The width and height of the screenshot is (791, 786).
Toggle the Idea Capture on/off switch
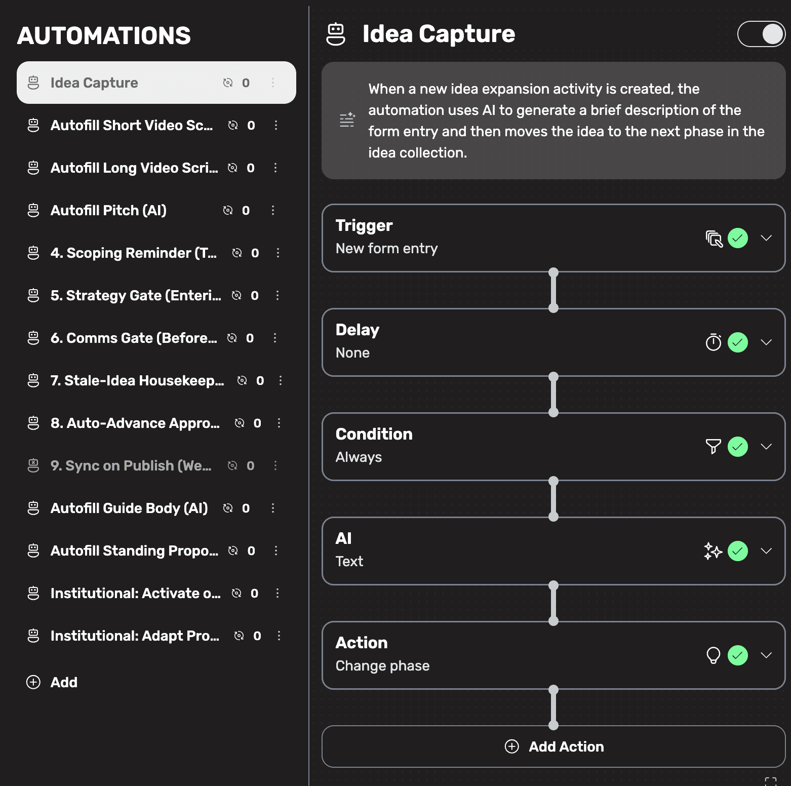point(761,34)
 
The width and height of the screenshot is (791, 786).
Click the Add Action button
point(553,746)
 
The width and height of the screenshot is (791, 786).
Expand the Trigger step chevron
point(766,238)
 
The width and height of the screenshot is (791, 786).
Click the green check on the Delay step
point(738,342)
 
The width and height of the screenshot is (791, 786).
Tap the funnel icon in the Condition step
point(713,446)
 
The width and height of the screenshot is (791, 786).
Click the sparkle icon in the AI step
point(713,551)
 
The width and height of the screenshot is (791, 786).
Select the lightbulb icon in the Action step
point(713,655)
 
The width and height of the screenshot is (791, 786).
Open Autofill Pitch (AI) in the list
point(108,210)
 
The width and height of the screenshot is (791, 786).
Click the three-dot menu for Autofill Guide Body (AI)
point(273,508)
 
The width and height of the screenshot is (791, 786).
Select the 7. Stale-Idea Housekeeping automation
point(137,380)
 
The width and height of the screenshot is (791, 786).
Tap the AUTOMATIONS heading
point(104,36)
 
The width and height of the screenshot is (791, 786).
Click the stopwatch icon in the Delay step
point(713,342)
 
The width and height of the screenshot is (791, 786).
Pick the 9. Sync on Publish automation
point(131,465)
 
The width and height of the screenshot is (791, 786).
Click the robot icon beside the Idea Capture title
point(336,34)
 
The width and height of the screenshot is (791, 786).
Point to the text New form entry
point(386,248)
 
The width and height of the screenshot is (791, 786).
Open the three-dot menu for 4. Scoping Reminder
point(278,253)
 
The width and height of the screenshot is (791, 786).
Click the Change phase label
point(382,665)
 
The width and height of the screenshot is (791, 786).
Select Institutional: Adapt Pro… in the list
point(135,636)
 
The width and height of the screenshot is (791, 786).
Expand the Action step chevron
point(766,655)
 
